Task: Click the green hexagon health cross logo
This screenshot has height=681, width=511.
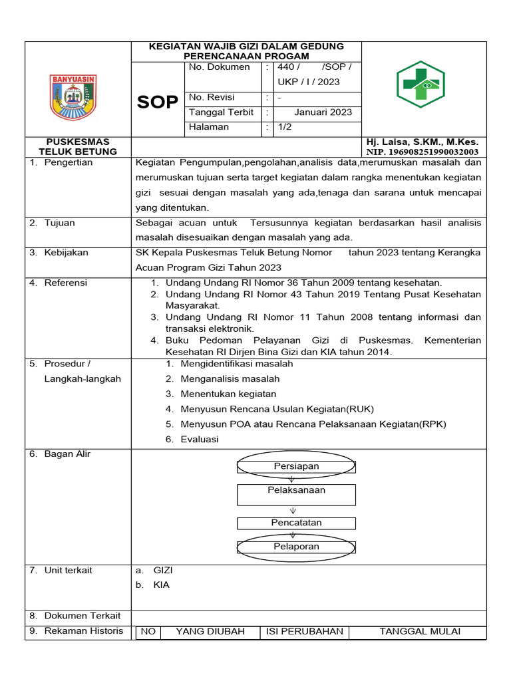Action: pyautogui.click(x=421, y=84)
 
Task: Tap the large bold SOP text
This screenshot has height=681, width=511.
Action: pyautogui.click(x=158, y=102)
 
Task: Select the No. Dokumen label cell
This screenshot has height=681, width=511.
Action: pyautogui.click(x=220, y=67)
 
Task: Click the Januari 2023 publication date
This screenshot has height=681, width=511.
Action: pyautogui.click(x=323, y=112)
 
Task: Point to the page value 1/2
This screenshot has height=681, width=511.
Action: pyautogui.click(x=285, y=127)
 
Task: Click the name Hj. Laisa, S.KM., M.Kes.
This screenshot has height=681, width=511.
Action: pyautogui.click(x=422, y=142)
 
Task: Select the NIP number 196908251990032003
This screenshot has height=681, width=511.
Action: pyautogui.click(x=422, y=152)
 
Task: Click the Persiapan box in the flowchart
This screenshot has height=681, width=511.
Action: pyautogui.click(x=296, y=466)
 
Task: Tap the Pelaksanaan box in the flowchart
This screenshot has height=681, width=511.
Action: pyautogui.click(x=296, y=491)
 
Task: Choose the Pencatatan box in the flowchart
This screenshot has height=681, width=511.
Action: pyautogui.click(x=296, y=523)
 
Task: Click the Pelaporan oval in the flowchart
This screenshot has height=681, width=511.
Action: pyautogui.click(x=296, y=547)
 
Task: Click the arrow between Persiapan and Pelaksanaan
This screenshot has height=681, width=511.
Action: pyautogui.click(x=291, y=479)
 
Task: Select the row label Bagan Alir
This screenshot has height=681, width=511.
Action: pyautogui.click(x=67, y=454)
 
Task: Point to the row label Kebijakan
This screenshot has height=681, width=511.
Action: pyautogui.click(x=66, y=253)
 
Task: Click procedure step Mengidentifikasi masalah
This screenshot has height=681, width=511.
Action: pyautogui.click(x=236, y=364)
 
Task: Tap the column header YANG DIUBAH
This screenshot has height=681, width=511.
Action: pyautogui.click(x=210, y=631)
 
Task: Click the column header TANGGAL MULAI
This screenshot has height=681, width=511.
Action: pyautogui.click(x=419, y=631)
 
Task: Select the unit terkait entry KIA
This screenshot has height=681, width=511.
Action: pyautogui.click(x=161, y=585)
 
